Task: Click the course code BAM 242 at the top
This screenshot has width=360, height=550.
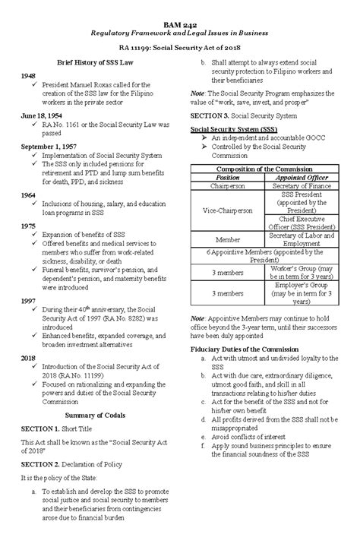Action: [x=179, y=24]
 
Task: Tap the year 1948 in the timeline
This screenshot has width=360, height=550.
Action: [x=29, y=77]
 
